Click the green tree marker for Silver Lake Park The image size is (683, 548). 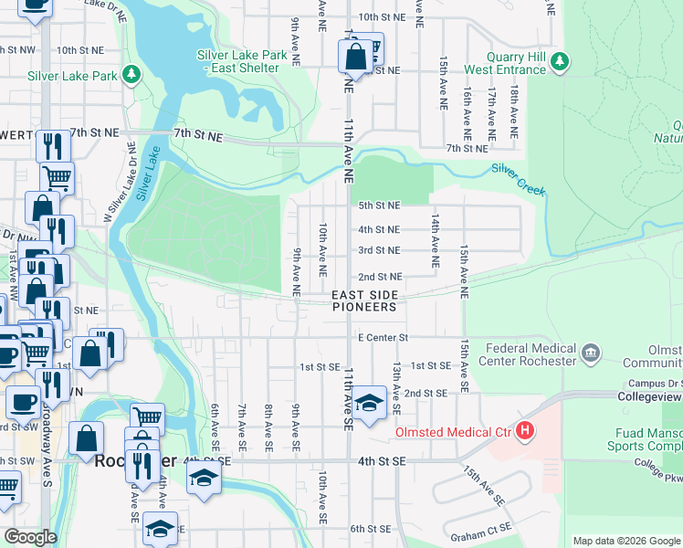point(132,74)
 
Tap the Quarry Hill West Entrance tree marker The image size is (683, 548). point(559,62)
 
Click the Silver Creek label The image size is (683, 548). point(518,180)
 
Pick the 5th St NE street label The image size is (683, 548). point(379,206)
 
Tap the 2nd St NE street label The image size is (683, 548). point(379,277)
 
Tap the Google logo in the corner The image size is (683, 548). point(30,537)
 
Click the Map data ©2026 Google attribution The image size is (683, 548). point(625,541)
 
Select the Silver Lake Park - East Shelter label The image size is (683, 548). point(242,61)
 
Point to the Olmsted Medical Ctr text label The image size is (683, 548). point(451,432)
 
